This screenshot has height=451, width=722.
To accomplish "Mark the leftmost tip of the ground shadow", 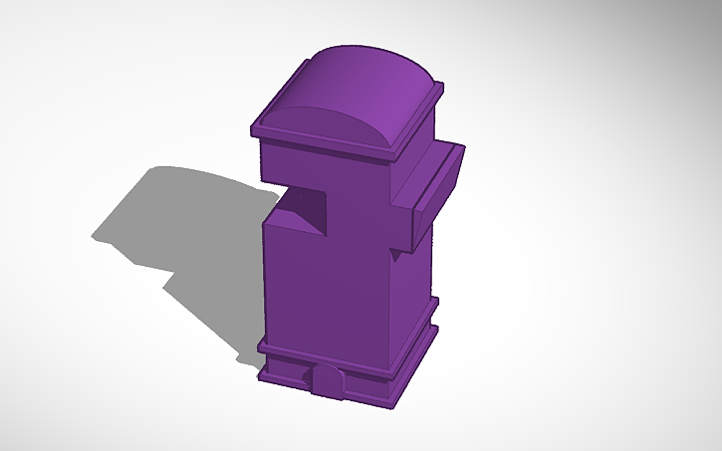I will (x=95, y=237).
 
